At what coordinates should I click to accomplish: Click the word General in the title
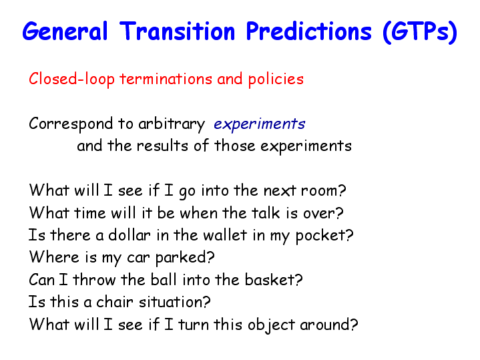click(65, 31)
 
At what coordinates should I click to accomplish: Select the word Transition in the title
click(178, 31)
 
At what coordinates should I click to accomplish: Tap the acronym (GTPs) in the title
click(420, 32)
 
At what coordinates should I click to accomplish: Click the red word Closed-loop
click(71, 79)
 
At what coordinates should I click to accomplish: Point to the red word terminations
click(166, 79)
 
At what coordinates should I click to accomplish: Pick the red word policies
click(276, 79)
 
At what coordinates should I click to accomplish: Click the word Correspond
click(71, 124)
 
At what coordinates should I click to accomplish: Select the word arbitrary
click(172, 124)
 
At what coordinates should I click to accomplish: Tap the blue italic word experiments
click(259, 124)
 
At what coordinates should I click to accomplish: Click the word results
click(162, 146)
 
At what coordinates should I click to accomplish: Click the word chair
click(115, 302)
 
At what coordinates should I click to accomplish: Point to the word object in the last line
click(271, 325)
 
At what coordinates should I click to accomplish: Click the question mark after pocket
click(350, 234)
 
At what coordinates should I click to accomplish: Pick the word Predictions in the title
click(308, 31)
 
